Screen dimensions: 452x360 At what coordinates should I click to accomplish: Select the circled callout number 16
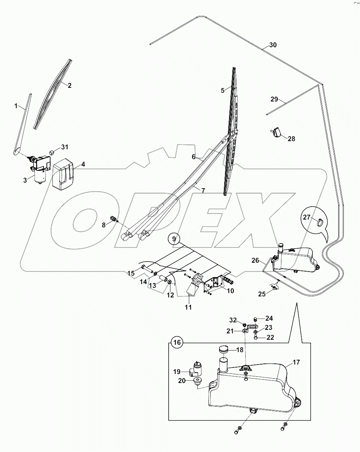coord(177,342)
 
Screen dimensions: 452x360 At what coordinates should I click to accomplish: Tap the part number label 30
coord(273,45)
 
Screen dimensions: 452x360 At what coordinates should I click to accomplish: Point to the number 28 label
coord(291,139)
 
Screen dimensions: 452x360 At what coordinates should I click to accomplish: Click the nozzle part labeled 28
coord(277,132)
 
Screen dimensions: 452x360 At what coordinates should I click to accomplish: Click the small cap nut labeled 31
coord(52,152)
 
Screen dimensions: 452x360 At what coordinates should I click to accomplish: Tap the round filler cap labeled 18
coord(224,350)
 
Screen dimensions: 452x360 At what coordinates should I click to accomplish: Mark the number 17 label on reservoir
coord(297,363)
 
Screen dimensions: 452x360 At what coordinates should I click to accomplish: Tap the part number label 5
coord(222,90)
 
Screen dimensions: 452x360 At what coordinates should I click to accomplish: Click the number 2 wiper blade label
coord(69,85)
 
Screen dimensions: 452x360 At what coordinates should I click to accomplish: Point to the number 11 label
coord(188,307)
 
